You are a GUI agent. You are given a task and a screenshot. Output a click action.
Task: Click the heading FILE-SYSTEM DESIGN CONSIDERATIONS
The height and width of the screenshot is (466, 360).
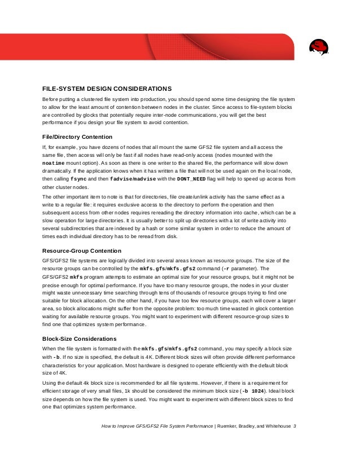107,89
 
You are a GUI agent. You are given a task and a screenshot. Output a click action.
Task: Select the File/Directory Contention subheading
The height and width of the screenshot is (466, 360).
77,137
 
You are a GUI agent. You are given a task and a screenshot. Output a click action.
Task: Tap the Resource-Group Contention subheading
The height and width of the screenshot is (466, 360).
82,250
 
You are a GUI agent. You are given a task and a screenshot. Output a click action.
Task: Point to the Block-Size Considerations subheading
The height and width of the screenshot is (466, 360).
80,338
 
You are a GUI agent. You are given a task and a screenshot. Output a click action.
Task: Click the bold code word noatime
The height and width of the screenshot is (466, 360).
56,162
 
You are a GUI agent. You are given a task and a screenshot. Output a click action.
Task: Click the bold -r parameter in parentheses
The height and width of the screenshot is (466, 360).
222,269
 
